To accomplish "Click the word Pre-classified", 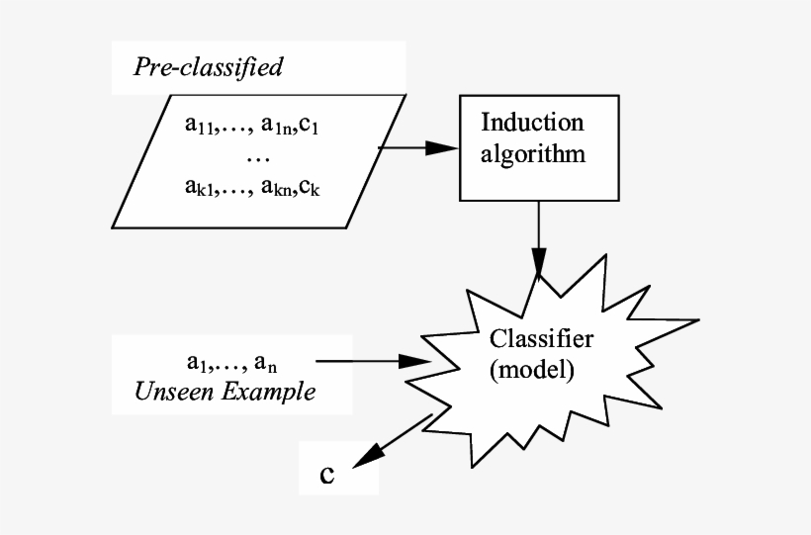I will [208, 67].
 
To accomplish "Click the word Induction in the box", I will [532, 123].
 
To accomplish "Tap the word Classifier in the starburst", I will [542, 338].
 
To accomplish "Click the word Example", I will [266, 392].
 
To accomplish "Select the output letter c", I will [327, 474].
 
